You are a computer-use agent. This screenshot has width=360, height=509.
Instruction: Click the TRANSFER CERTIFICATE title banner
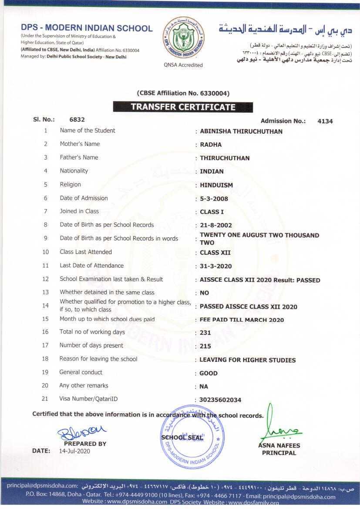pos(183,107)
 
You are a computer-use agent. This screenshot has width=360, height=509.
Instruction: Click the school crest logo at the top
pos(183,39)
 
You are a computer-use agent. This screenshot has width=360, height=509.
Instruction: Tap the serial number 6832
pos(77,119)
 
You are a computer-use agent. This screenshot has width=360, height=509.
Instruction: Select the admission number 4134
pos(325,121)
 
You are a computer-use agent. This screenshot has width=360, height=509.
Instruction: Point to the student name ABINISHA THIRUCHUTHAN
pos(241,131)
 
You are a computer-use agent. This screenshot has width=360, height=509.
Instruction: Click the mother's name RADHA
pos(211,145)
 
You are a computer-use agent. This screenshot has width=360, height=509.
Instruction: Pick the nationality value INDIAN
pos(212,172)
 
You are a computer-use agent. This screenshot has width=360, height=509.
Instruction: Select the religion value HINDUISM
pos(216,185)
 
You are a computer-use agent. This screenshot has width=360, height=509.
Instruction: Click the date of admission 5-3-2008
pos(214,199)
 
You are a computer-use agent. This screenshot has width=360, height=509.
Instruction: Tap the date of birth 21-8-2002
pos(216,226)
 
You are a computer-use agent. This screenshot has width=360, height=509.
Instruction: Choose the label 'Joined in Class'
pos(79,211)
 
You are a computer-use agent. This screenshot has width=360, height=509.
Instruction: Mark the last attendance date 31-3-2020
pos(216,266)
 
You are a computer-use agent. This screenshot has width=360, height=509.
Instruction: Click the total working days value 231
pos(205,333)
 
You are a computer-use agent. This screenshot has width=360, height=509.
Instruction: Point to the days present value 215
pos(205,346)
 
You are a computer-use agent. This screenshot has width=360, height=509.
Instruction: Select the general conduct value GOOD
pos(209,373)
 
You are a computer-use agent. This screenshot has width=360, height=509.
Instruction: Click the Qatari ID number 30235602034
pos(220,400)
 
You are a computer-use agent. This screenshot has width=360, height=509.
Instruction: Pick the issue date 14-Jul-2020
pos(74,451)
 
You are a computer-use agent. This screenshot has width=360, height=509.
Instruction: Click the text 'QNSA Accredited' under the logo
pos(183,65)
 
